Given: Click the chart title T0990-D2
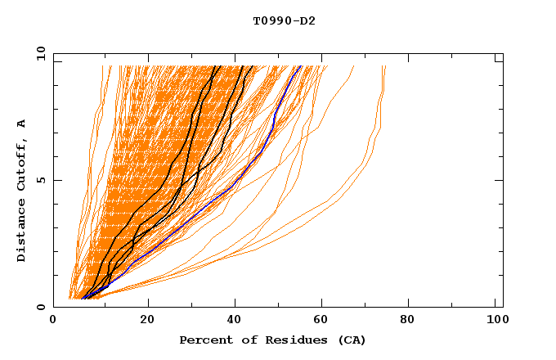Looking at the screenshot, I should tap(284, 20).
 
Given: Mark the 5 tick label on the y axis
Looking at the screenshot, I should tap(41, 180).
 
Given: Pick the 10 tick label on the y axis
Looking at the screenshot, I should tap(38, 53).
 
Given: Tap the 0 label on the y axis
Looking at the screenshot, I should tap(41, 307).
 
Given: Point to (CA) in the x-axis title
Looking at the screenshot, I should tap(350, 340).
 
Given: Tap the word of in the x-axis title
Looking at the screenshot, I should tap(250, 340).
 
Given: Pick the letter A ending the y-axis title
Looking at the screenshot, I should tap(21, 123).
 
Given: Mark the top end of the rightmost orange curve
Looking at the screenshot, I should tap(385, 67).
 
